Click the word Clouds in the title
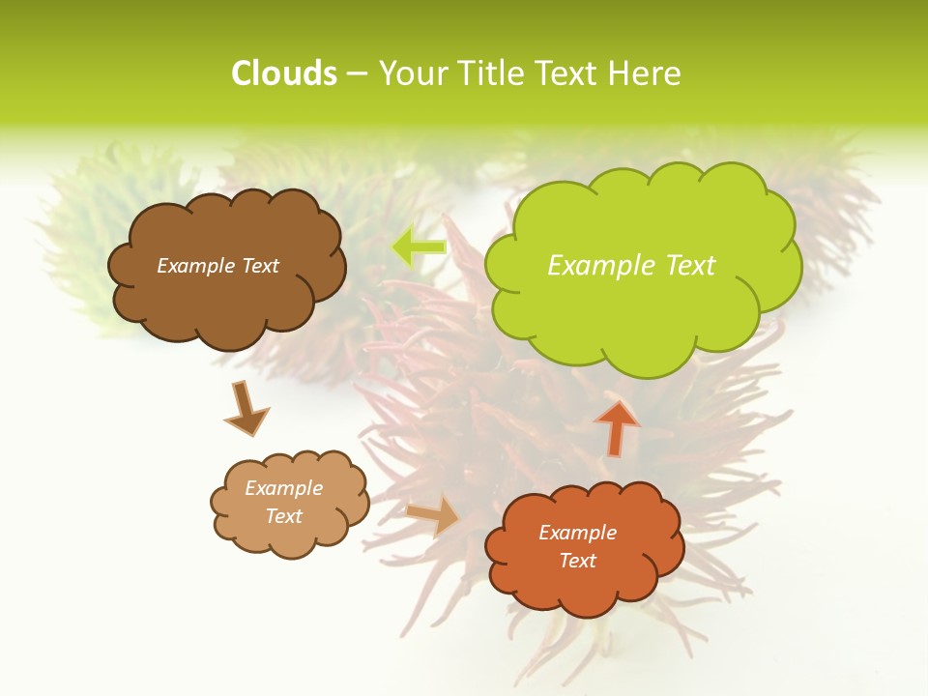point(283,73)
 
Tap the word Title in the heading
point(490,73)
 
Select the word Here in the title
point(649,73)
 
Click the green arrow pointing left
point(418,246)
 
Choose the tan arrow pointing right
point(434,514)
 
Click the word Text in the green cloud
point(690,265)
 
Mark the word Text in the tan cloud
point(283,516)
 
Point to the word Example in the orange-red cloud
point(577,533)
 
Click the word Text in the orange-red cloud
point(577,561)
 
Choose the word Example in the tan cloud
point(283,488)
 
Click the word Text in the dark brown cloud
point(259,265)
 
